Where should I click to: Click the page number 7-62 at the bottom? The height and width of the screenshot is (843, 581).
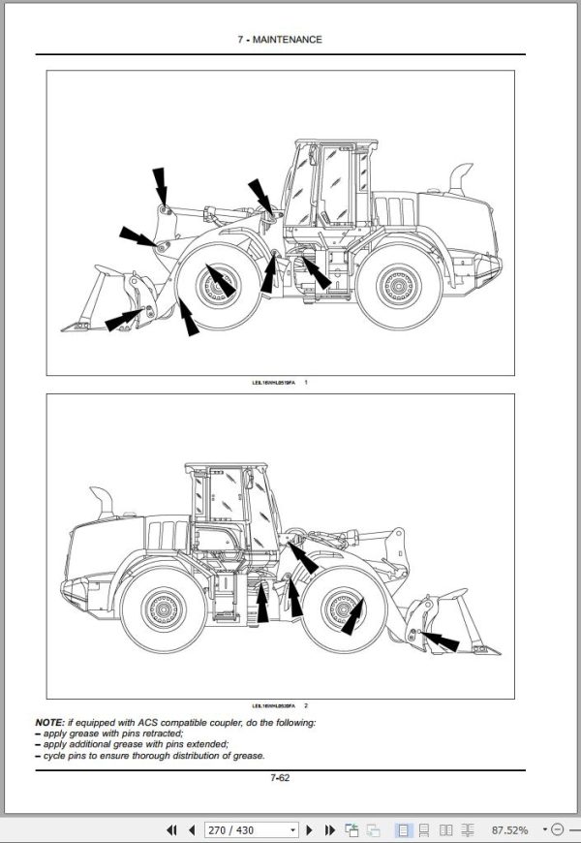281,777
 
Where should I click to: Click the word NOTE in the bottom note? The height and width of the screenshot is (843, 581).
49,723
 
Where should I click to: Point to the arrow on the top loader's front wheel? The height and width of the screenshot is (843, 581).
221,280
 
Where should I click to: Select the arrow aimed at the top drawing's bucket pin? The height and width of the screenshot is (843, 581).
126,319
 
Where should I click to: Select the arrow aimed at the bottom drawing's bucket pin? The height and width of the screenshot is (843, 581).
441,640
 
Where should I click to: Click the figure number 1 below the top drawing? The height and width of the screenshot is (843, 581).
306,384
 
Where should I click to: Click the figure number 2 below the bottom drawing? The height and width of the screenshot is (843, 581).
306,705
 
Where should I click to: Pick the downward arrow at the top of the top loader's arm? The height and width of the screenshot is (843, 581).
160,186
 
